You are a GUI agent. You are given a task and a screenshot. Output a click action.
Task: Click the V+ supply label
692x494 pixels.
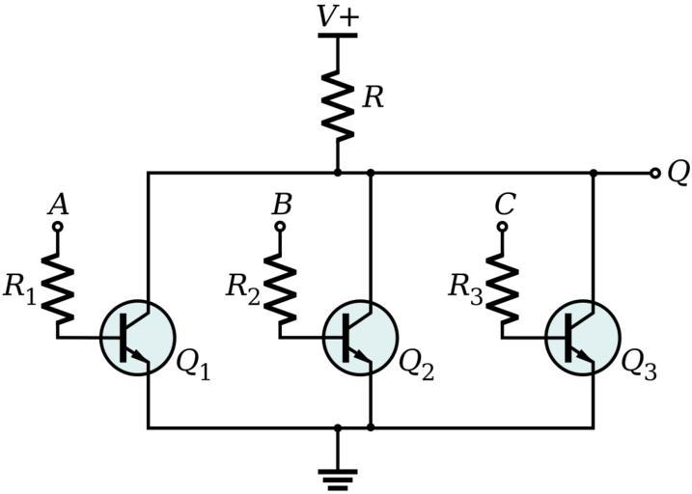[x=337, y=16]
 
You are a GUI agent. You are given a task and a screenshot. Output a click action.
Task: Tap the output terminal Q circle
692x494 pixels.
[x=655, y=174]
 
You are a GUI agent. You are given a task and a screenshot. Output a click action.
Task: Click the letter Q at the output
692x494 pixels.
[x=678, y=172]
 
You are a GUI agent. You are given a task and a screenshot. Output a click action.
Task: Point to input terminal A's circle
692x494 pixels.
[x=57, y=227]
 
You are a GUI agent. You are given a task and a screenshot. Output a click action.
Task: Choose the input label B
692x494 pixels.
[x=281, y=205]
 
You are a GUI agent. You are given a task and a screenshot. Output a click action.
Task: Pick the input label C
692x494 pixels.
[x=504, y=205]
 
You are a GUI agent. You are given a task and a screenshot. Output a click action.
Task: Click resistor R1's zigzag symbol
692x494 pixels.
[x=57, y=288]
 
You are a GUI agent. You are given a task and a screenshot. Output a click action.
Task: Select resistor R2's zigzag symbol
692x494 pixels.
[x=280, y=288]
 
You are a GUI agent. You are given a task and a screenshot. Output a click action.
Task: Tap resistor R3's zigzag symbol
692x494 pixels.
[x=503, y=288]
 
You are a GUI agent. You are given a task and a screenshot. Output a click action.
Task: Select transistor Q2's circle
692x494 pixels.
[x=360, y=337]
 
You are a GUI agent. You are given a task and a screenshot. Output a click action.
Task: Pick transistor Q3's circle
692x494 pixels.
[x=583, y=337]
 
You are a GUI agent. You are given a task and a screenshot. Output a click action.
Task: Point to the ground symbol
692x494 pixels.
[x=338, y=476]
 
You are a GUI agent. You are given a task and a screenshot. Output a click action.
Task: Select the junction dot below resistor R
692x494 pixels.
[x=338, y=174]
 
